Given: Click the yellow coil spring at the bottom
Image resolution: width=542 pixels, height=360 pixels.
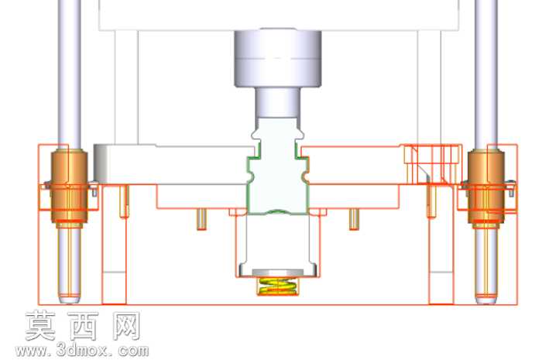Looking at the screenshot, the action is pos(277,286).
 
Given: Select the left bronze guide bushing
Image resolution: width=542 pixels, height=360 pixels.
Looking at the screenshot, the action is pos(69,187).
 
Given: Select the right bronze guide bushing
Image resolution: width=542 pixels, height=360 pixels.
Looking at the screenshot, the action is pos(485,187).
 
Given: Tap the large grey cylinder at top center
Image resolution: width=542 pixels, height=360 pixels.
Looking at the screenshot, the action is pos(278,58).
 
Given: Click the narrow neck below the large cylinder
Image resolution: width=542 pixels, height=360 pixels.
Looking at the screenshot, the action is pos(277,103).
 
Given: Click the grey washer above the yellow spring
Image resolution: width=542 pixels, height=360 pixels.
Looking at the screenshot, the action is pos(278,273).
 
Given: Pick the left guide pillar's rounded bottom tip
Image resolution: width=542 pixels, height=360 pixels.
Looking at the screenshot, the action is pos(69,300).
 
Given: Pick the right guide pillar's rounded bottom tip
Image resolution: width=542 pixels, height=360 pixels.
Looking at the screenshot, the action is pos(486,300).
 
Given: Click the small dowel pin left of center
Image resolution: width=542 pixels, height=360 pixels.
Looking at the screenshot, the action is pos(202,219).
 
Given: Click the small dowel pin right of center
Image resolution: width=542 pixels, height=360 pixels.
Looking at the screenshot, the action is pos(352,219).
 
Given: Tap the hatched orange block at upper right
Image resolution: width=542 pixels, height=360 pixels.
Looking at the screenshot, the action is pos(433,163).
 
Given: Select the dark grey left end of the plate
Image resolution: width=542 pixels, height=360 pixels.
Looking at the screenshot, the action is pos(101,164).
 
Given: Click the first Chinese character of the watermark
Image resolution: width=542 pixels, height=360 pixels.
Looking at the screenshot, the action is pos(40,325).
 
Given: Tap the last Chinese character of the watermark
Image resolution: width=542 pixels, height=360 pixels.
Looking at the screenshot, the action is pos(126,325).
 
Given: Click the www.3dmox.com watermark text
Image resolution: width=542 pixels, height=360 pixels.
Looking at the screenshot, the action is pos(82,351).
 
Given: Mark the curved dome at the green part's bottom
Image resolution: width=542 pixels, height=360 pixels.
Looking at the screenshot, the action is pos(277,211).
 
